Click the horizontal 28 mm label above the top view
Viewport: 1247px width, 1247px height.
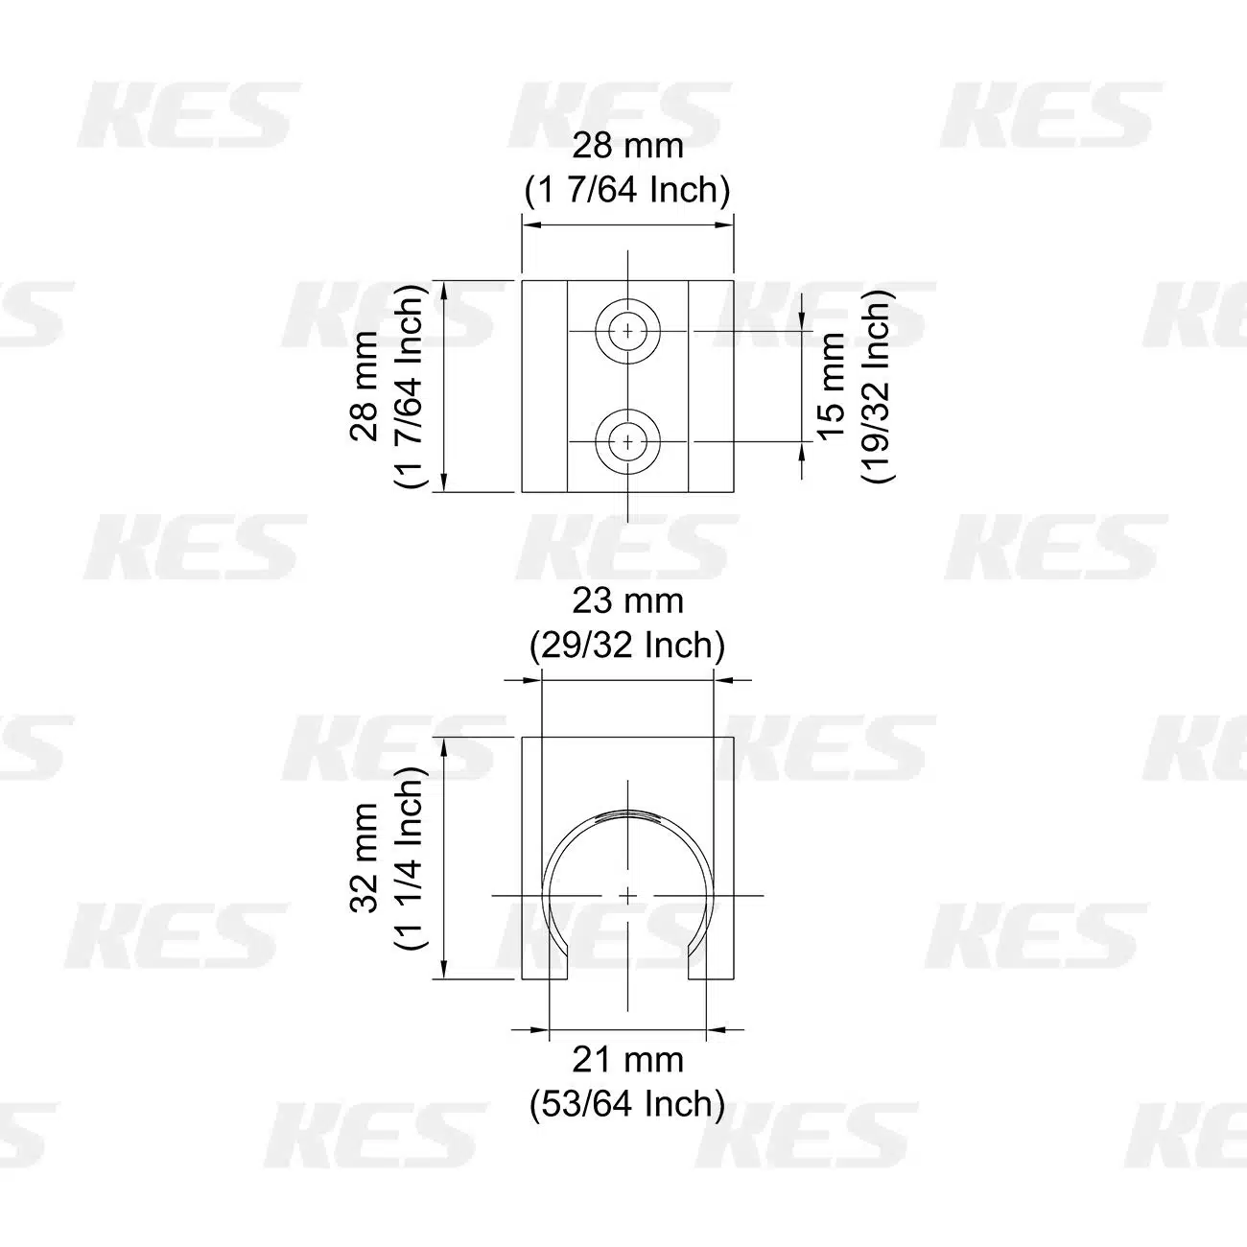(627, 146)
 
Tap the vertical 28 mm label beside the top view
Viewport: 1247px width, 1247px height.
(365, 387)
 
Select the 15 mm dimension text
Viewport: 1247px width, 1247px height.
(833, 387)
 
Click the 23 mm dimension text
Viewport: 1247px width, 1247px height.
(627, 601)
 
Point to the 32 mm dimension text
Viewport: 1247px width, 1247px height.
(365, 859)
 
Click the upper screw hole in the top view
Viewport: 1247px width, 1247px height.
(627, 331)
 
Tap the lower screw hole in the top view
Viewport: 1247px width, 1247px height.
(627, 441)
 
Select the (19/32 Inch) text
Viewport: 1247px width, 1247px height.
(878, 386)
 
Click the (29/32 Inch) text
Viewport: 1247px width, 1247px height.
(627, 646)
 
